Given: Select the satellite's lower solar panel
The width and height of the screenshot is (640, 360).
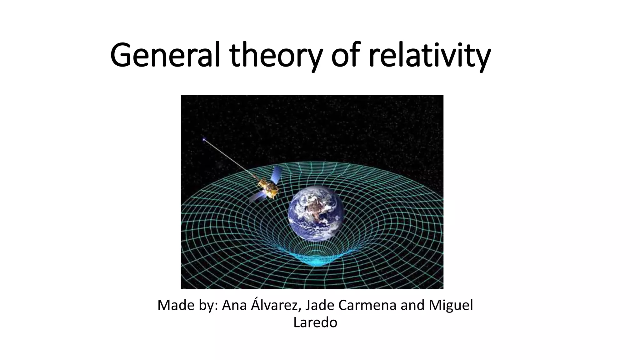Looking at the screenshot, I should pos(258,197).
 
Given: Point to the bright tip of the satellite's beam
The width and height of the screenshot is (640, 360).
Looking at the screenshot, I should pos(204,140).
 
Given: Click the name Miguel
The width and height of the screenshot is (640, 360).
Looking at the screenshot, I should pos(451,305).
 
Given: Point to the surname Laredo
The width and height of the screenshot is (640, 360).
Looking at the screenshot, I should pos(315,322).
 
